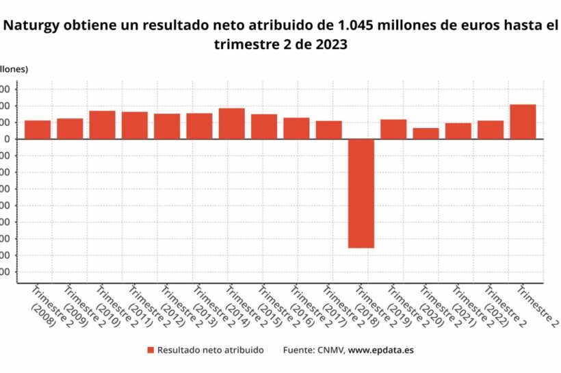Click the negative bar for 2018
361,193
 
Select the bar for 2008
38,130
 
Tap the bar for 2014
232,124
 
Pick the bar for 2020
426,133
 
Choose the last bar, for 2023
523,122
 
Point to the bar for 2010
103,125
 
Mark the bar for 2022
491,130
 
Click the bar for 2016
296,129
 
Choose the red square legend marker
150,350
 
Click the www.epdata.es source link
380,350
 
